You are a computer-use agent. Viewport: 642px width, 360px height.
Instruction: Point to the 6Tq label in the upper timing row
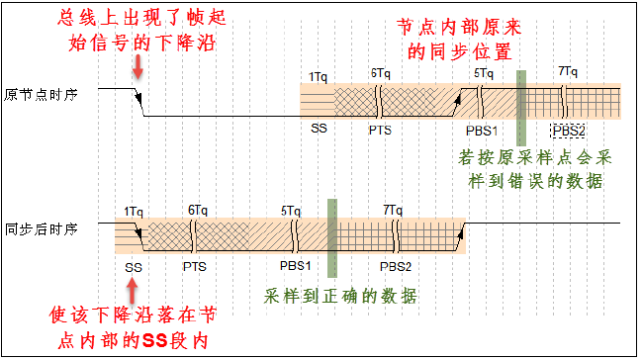click(380, 74)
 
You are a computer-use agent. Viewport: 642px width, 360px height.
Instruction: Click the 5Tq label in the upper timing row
click(484, 73)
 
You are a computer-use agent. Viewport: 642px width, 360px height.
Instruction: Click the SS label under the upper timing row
click(319, 129)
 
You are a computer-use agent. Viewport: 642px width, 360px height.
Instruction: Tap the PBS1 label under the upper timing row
click(483, 130)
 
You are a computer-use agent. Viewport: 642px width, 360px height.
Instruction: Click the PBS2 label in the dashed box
click(569, 131)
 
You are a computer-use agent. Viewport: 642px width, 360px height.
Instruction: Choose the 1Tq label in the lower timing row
click(135, 211)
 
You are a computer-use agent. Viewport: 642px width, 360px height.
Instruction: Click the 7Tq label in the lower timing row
click(393, 211)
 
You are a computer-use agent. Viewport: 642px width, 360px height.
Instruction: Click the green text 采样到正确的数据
click(340, 297)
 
